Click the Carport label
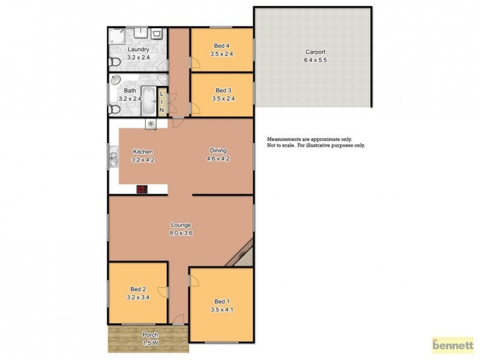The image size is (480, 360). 315,52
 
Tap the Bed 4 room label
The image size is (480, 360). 222,46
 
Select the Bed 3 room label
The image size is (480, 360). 222,91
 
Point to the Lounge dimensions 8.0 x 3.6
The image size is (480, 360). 181,232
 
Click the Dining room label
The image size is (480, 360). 218,151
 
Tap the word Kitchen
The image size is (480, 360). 143,151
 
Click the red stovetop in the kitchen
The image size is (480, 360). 142,190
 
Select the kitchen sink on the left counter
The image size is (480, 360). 113,158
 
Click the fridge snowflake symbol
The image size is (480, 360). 151,124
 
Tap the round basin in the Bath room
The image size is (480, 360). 116,80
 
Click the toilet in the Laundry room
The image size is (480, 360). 116,62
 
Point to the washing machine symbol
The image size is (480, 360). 157,34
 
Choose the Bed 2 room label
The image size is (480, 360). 139,289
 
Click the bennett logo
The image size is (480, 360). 452,345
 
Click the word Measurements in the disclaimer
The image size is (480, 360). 284,139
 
